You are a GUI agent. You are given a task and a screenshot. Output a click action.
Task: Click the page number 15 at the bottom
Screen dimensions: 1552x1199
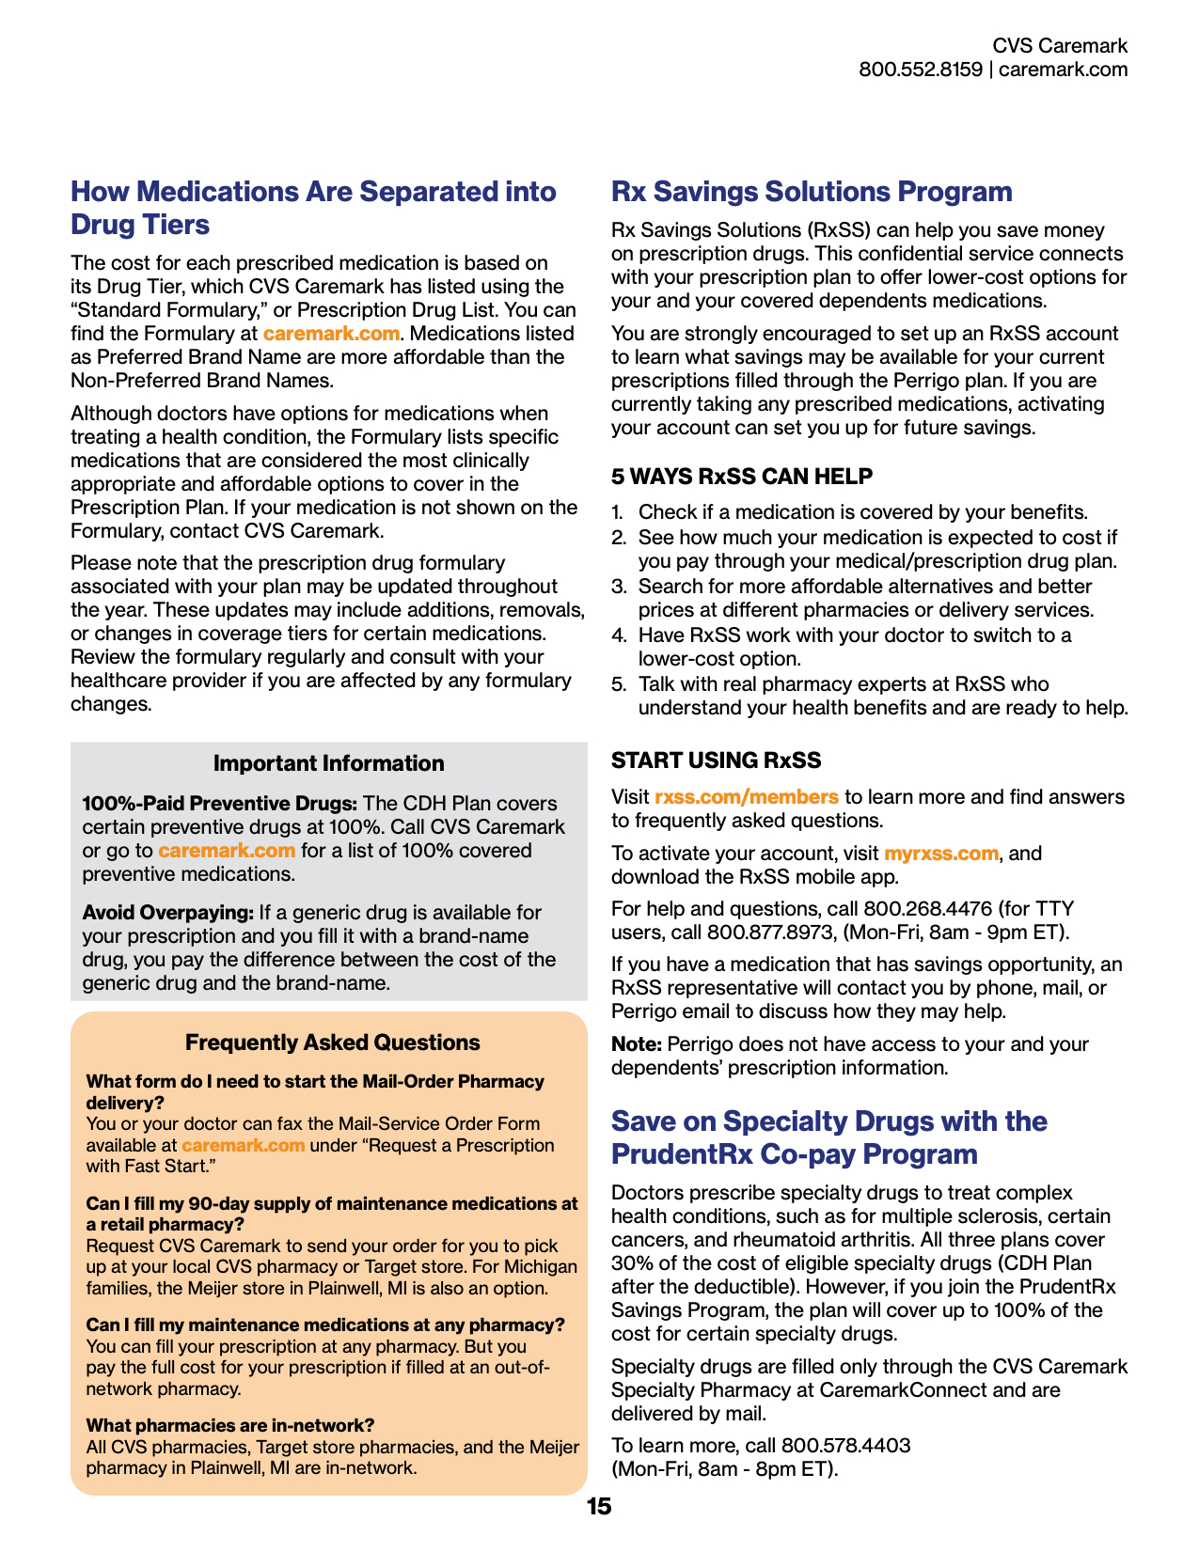coord(598,1507)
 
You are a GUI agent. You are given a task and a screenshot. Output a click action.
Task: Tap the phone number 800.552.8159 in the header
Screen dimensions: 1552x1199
coord(920,70)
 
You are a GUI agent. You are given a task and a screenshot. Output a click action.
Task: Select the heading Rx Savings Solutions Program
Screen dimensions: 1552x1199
coord(811,192)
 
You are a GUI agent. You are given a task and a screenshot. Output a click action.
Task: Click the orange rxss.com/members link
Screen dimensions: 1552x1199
coord(746,797)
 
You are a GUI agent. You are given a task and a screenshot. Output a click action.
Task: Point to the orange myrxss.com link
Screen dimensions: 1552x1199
coord(940,854)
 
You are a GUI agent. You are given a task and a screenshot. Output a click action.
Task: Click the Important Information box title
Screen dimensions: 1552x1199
coord(328,763)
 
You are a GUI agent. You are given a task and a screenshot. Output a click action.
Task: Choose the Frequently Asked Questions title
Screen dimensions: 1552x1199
coord(332,1043)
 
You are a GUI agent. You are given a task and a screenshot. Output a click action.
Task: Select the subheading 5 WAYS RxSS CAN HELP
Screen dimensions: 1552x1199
coord(741,477)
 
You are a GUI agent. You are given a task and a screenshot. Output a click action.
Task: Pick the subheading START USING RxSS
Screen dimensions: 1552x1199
coord(716,760)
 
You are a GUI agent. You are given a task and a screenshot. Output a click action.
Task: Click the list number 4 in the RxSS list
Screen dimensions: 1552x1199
coord(618,635)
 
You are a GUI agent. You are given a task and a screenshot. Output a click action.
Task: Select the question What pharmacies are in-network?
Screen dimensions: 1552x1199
coord(229,1426)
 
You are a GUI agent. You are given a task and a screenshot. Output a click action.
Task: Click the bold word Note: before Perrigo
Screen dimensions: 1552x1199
coord(637,1044)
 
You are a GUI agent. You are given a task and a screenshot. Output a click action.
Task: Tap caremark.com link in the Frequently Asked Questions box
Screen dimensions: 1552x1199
coord(243,1145)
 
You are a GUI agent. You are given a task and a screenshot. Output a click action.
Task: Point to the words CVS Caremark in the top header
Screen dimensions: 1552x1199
coord(1060,45)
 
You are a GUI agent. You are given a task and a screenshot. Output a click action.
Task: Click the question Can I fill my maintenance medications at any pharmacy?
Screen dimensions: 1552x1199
coord(324,1325)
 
